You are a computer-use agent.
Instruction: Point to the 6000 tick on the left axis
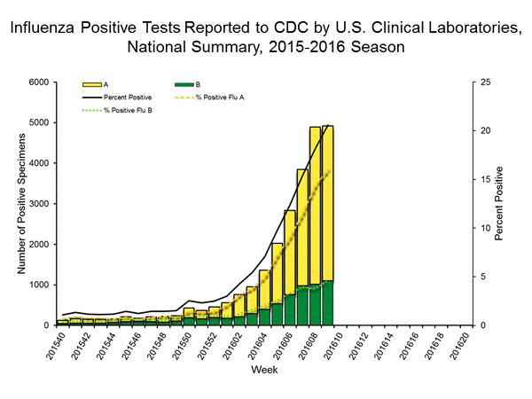coord(40,82)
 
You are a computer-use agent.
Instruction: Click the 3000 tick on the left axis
coord(40,204)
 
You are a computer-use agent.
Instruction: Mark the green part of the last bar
coord(328,303)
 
